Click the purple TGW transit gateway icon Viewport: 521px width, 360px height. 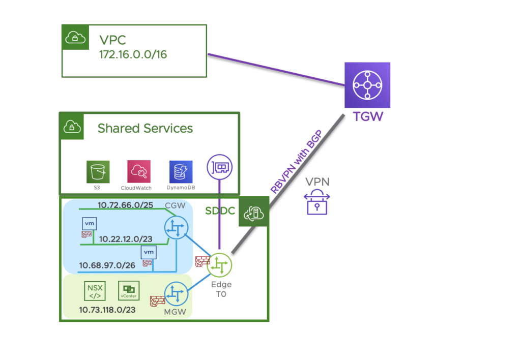(367, 85)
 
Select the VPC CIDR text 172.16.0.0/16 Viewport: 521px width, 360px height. (133, 54)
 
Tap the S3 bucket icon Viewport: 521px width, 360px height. (98, 172)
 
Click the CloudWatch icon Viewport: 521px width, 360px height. (139, 172)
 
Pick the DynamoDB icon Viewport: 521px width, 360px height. (181, 172)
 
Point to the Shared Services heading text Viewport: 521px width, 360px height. (145, 128)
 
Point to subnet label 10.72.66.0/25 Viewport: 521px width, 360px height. (125, 205)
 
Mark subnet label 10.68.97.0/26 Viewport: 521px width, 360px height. (107, 265)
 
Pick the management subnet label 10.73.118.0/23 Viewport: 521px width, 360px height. (107, 309)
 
